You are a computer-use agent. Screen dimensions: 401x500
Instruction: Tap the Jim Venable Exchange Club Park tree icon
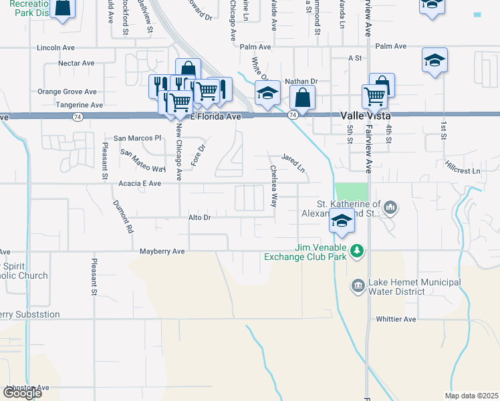coord(358,251)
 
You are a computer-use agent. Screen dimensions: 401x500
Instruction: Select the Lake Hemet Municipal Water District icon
coord(358,286)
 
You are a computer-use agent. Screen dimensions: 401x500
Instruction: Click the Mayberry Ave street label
coord(162,251)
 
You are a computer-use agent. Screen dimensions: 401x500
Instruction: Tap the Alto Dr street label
coord(199,218)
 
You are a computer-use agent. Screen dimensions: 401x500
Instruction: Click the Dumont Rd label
coord(123,217)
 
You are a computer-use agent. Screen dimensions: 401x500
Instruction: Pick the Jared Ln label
coord(293,164)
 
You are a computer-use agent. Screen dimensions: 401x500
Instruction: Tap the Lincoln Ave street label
coord(57,48)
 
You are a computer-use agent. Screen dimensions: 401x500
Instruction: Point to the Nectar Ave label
coord(76,63)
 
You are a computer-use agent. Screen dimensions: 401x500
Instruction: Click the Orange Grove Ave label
coord(67,92)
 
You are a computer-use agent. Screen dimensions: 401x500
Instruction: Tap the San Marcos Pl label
coord(137,138)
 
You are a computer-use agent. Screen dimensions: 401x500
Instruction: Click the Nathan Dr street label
coord(301,82)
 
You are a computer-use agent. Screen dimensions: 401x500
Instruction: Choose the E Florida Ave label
coord(215,116)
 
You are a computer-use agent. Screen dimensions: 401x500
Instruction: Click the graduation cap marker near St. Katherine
coord(342,223)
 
